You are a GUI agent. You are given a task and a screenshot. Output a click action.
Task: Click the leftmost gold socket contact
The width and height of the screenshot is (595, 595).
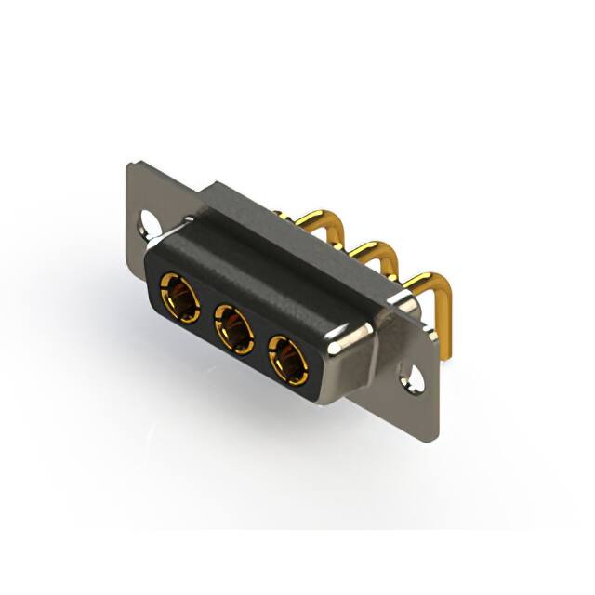pyautogui.click(x=180, y=296)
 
